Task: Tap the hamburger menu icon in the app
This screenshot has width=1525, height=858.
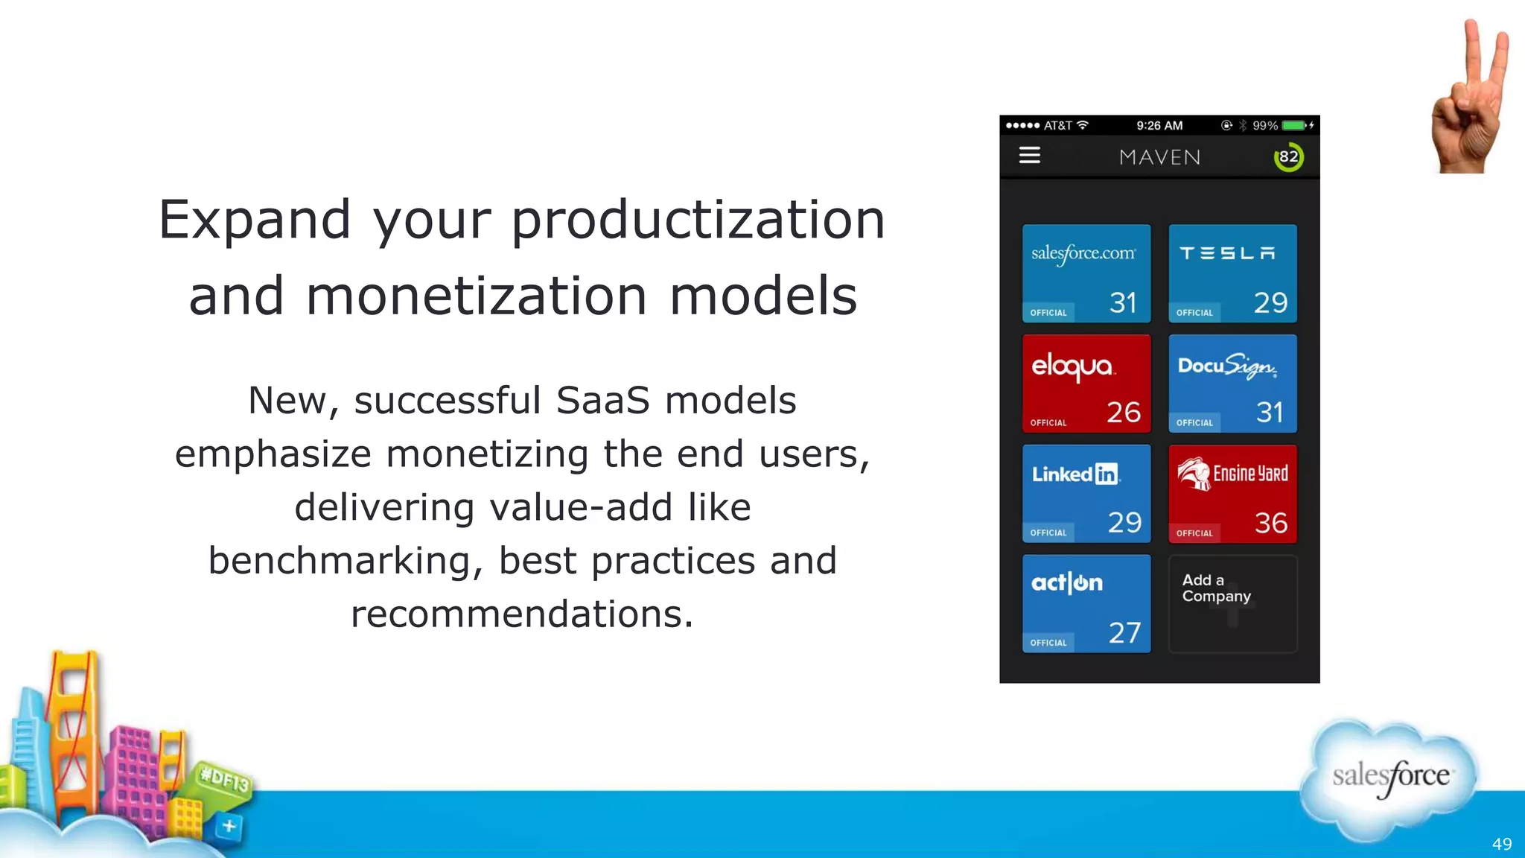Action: click(1030, 156)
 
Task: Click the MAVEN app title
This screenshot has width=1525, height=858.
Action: click(1159, 157)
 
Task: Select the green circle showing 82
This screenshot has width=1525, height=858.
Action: click(1288, 157)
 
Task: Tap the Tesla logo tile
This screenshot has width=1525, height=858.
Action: click(1228, 254)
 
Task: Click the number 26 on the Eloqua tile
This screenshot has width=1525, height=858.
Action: click(1123, 413)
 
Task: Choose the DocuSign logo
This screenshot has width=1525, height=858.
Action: click(1227, 366)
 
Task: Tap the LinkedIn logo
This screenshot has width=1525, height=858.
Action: click(1075, 474)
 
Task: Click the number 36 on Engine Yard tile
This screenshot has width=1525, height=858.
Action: click(1270, 523)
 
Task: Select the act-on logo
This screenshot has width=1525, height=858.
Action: click(1067, 583)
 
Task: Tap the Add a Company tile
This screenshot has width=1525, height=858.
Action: click(1232, 603)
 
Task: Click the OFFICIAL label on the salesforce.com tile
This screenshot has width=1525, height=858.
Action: click(1048, 313)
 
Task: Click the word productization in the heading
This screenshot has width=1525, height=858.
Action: click(698, 220)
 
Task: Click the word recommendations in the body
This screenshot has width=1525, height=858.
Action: click(522, 614)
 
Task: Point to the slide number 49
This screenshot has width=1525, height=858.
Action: click(1501, 844)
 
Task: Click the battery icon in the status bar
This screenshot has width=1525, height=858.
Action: click(1294, 126)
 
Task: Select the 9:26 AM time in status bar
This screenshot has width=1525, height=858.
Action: click(1159, 126)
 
